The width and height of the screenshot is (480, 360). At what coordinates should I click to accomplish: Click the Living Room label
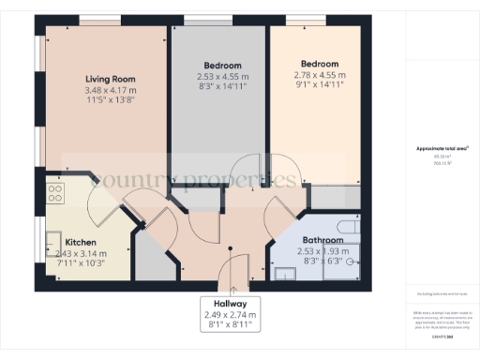pyautogui.click(x=111, y=79)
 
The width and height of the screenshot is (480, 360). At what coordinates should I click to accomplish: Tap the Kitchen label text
pyautogui.click(x=54, y=242)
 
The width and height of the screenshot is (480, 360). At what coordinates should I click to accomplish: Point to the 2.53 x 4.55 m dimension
pyautogui.click(x=223, y=76)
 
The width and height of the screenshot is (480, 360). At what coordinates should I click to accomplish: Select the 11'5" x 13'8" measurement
pyautogui.click(x=111, y=98)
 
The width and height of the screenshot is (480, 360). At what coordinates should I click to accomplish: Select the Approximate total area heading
pyautogui.click(x=442, y=149)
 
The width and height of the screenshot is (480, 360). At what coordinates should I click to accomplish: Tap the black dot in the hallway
pyautogui.click(x=231, y=248)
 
